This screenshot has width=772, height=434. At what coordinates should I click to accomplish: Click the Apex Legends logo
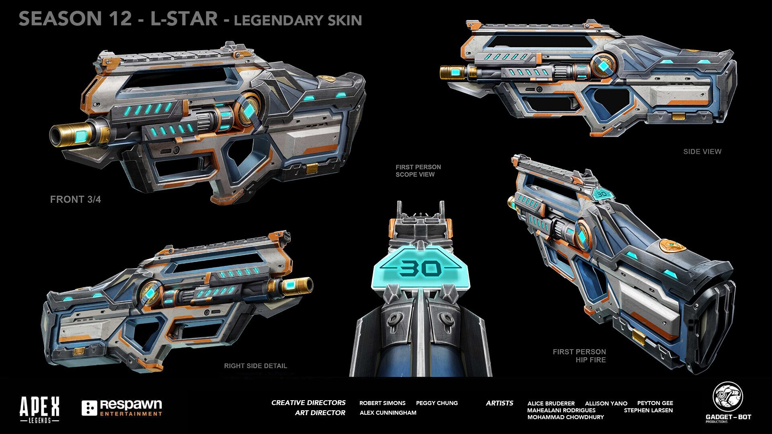pyautogui.click(x=39, y=409)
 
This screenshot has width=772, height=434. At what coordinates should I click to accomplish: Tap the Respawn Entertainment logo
pyautogui.click(x=122, y=407)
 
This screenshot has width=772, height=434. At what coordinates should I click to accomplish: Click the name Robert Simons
pyautogui.click(x=382, y=403)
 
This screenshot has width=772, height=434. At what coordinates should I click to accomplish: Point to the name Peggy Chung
pyautogui.click(x=437, y=403)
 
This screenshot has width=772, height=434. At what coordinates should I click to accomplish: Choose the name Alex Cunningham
pyautogui.click(x=388, y=413)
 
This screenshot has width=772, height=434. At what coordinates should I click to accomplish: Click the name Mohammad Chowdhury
pyautogui.click(x=565, y=417)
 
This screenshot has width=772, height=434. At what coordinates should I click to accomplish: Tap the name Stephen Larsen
pyautogui.click(x=648, y=410)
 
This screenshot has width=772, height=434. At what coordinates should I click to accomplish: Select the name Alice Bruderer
pyautogui.click(x=551, y=403)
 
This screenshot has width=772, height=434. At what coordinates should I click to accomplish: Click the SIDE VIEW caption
pyautogui.click(x=702, y=151)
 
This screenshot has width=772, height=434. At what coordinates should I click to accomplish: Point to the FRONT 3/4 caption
pyautogui.click(x=75, y=199)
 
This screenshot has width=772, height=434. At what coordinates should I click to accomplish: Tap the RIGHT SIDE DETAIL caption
pyautogui.click(x=255, y=366)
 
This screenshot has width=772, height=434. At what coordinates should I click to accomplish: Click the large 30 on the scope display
pyautogui.click(x=421, y=268)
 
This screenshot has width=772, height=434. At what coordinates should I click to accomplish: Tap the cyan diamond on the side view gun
pyautogui.click(x=604, y=65)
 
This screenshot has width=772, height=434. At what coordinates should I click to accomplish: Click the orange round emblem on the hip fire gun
pyautogui.click(x=672, y=246)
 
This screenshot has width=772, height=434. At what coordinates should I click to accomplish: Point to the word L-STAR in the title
pyautogui.click(x=184, y=19)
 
